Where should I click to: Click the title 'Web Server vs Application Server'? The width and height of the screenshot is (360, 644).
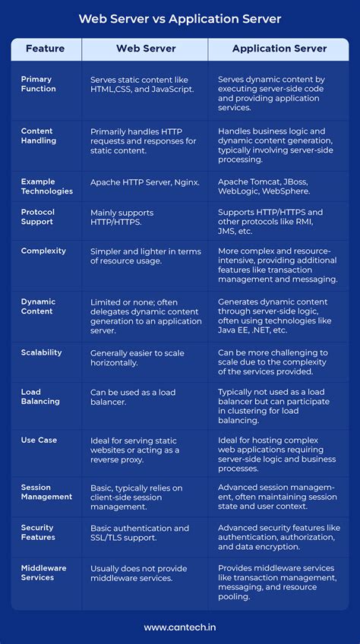(179, 17)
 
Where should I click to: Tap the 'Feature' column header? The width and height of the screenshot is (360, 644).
(46, 49)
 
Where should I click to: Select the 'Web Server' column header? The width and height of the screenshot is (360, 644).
(146, 49)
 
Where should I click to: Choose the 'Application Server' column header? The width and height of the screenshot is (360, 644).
(279, 49)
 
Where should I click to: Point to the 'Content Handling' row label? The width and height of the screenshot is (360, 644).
(39, 136)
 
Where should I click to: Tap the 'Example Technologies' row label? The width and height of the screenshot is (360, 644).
(47, 186)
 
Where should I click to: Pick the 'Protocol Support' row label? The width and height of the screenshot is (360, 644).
(38, 217)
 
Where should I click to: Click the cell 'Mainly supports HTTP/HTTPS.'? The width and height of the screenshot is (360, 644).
(122, 217)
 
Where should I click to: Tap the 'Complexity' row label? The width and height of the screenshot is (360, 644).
(43, 251)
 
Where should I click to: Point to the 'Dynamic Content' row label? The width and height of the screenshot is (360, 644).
(37, 306)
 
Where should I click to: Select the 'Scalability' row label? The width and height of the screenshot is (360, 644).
(42, 352)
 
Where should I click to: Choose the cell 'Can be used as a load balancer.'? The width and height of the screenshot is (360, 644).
(133, 397)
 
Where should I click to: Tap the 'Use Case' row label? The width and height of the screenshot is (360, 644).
(39, 440)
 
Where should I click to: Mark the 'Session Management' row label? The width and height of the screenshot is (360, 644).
(47, 492)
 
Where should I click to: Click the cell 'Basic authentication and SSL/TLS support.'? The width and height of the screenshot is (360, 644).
(140, 532)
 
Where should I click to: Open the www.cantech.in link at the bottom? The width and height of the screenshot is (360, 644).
(180, 627)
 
